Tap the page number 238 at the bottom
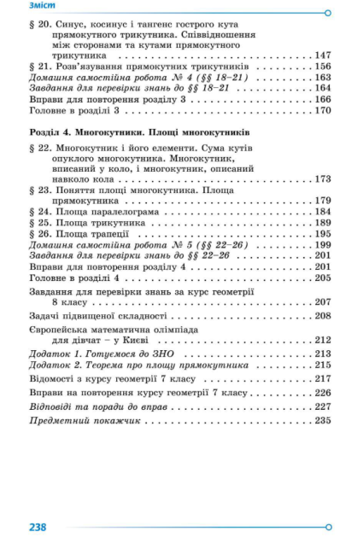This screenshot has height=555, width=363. point(38,527)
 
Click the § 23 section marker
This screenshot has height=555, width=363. point(39,190)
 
